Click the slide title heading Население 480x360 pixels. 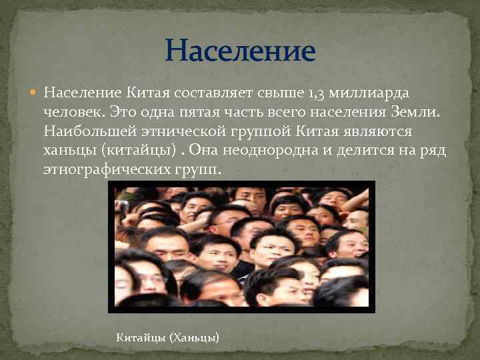click(240, 51)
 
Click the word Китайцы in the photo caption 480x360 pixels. click(141, 339)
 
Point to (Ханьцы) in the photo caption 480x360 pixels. click(195, 339)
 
